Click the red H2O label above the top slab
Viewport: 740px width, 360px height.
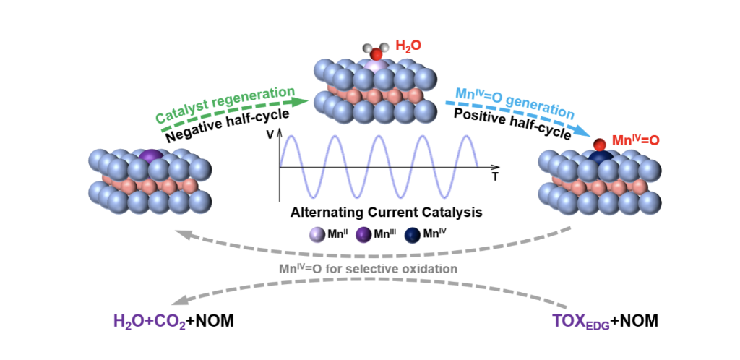pos(408,46)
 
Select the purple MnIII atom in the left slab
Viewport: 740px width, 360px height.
pos(151,157)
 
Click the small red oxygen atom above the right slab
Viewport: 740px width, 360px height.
pos(599,144)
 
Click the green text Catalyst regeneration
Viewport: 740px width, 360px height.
pos(225,105)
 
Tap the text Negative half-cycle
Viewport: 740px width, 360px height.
pos(233,123)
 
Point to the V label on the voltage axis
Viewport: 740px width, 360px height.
pos(270,134)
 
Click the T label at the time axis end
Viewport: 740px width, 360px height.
pos(494,179)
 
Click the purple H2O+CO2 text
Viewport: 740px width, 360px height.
pos(150,322)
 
